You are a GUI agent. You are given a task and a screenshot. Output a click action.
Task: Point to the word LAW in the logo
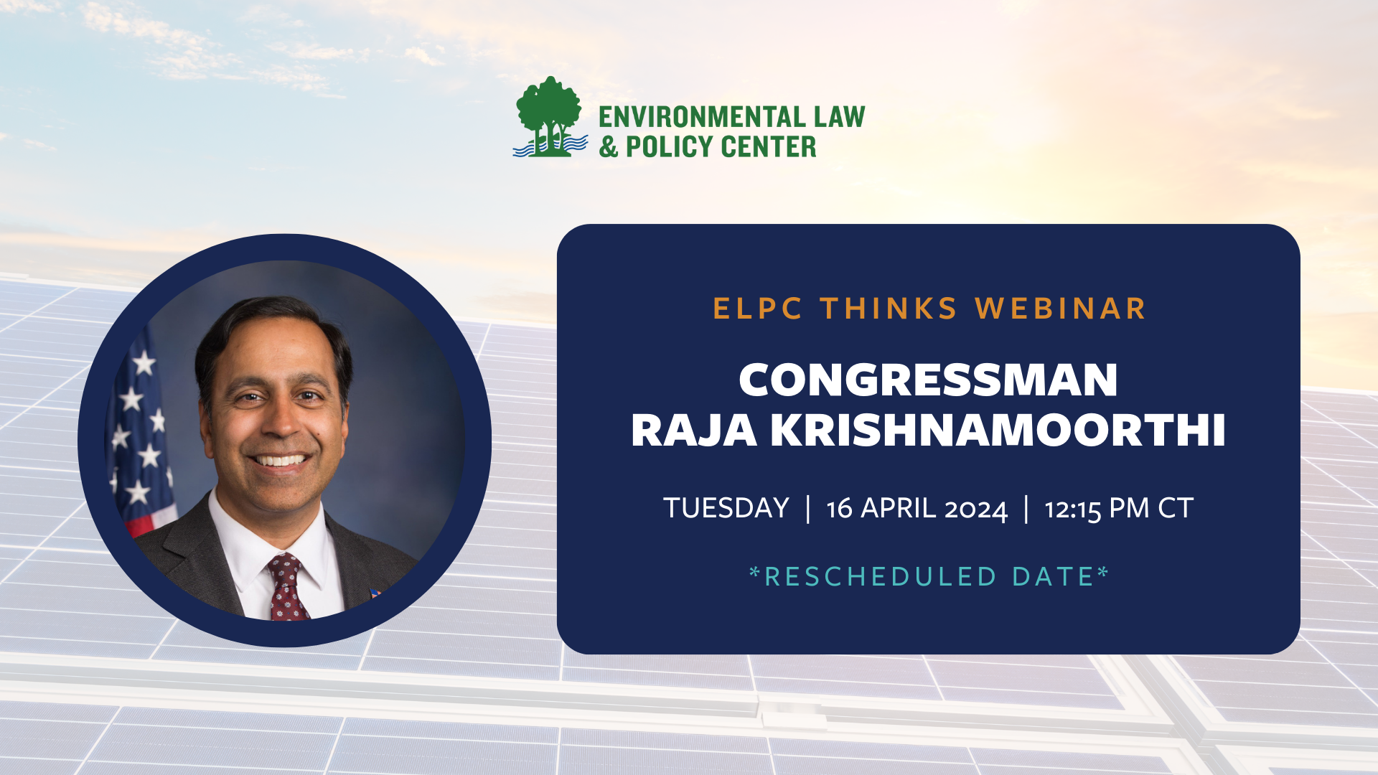pos(839,117)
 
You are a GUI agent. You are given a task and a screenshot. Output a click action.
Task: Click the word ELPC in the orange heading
pos(757,309)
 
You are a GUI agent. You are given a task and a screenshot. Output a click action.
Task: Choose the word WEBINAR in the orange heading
pos(1060,309)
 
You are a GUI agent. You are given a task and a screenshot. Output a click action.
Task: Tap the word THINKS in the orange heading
pos(889,309)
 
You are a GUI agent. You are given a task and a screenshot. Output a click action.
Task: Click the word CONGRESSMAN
pos(928,380)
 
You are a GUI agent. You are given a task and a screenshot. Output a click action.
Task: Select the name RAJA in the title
pos(693,431)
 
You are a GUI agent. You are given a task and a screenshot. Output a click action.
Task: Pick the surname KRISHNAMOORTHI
pos(998,431)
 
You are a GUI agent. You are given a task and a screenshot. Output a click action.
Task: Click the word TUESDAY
pos(726,508)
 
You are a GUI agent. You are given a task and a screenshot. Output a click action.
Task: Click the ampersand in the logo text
pos(609,147)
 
